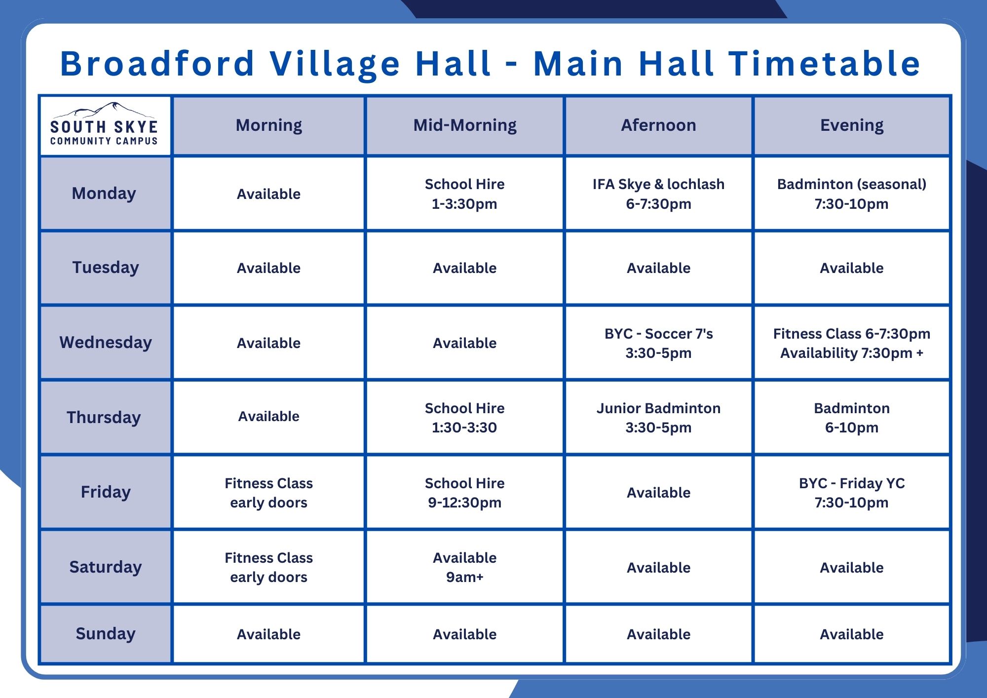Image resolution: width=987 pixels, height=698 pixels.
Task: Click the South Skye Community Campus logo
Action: point(104,124)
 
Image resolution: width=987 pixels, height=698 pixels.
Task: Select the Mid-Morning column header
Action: point(465,125)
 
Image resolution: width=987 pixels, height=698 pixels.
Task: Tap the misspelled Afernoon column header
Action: point(658,125)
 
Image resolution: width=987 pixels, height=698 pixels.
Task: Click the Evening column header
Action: point(852,125)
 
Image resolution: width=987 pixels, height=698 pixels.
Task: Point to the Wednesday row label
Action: point(106,342)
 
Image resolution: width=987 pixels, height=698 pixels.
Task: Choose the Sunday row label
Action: point(106,633)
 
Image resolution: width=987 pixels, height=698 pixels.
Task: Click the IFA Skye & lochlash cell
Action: point(658,194)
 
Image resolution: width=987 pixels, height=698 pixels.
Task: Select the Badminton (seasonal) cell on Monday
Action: point(852,194)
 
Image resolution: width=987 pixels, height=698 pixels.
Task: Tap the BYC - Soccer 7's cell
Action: point(658,343)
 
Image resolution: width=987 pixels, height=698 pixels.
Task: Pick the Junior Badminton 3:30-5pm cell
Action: point(658,418)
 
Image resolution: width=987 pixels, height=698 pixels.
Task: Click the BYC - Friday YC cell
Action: point(852,493)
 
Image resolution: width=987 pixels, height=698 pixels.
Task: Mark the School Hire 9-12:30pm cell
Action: point(465,493)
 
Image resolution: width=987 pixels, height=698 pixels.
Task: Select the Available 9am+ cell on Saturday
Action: point(465,567)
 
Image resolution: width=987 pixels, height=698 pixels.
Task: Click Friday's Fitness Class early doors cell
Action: point(269,493)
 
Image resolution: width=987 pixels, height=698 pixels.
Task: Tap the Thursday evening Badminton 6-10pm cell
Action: point(852,418)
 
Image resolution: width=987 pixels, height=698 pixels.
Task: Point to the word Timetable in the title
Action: point(825,64)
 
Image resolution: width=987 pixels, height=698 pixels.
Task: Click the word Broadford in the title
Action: point(157,64)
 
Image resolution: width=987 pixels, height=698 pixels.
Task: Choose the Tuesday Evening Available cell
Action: point(852,268)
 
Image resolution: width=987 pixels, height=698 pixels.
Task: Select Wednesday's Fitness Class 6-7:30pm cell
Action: point(852,343)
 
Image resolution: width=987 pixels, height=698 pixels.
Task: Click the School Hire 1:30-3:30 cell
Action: point(465,418)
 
